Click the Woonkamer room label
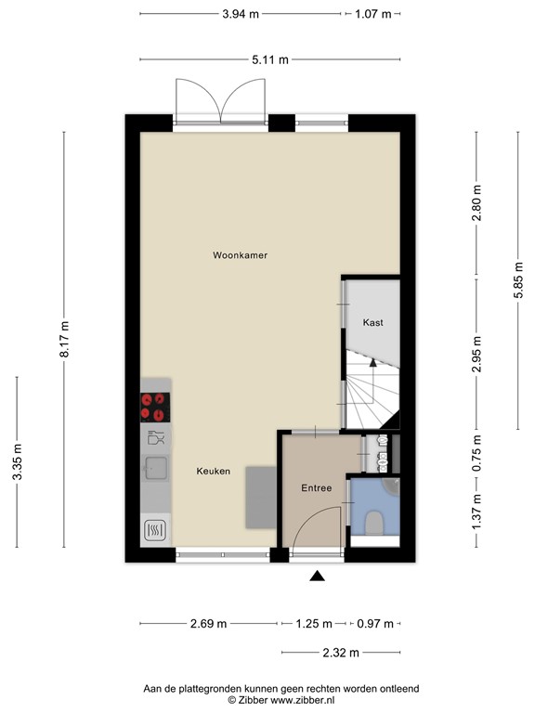[240, 254]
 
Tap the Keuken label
[213, 472]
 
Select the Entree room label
[316, 487]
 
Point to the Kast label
[372, 322]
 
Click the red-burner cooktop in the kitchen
[155, 406]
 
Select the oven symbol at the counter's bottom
[155, 530]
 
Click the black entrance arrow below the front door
[317, 577]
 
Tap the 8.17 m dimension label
[64, 341]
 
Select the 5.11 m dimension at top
[269, 59]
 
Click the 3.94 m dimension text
[241, 15]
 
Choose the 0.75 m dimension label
[476, 455]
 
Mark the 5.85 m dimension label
[519, 280]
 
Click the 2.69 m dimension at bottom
[209, 624]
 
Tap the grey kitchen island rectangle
[260, 499]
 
